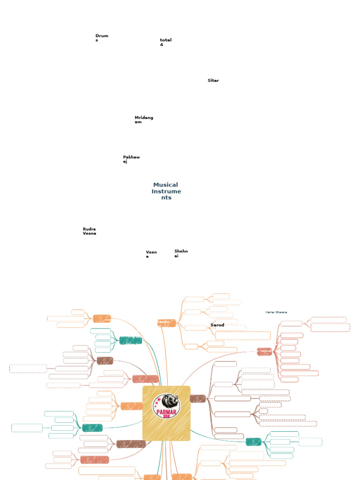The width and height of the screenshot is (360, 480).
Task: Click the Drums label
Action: [x=102, y=38]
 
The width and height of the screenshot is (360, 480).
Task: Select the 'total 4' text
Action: [x=165, y=42]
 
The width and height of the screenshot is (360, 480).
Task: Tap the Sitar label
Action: [x=213, y=81]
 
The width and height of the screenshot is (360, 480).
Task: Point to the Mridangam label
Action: [x=144, y=120]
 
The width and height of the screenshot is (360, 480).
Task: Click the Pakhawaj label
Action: [x=131, y=159]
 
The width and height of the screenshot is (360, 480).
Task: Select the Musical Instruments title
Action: [x=166, y=191]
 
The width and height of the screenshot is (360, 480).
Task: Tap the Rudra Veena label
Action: [x=90, y=231]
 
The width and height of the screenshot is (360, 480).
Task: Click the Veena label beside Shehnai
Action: [x=151, y=254]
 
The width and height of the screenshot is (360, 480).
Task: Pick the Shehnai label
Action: [x=181, y=253]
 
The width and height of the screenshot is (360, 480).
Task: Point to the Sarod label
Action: [x=217, y=325]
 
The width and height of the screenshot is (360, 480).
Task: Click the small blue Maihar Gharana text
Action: [x=276, y=312]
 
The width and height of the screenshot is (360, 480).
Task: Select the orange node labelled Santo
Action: [x=166, y=322]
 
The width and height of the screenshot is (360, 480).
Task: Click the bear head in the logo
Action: [x=169, y=402]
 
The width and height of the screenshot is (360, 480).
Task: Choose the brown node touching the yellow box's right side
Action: [x=198, y=399]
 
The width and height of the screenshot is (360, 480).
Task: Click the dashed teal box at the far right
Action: [x=310, y=442]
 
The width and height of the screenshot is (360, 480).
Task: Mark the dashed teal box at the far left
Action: [x=27, y=427]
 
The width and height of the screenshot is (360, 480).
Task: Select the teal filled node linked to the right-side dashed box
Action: [x=254, y=442]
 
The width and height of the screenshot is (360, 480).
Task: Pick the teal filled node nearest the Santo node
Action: [x=130, y=341]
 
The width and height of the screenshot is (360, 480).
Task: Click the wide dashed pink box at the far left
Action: [x=28, y=369]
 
